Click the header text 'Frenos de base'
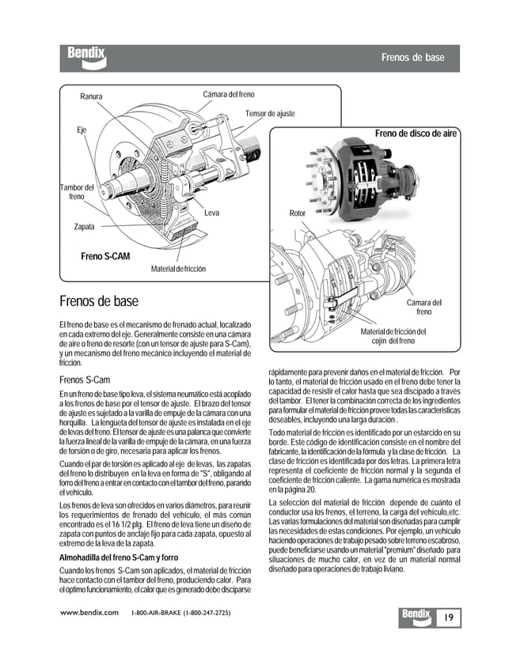click(x=412, y=58)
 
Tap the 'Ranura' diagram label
click(x=91, y=97)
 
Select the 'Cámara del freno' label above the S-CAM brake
click(x=229, y=95)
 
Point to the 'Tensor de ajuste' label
click(x=270, y=114)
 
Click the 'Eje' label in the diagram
click(x=82, y=128)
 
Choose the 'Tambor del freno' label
click(x=77, y=191)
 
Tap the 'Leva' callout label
click(x=211, y=213)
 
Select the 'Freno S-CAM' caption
click(x=105, y=257)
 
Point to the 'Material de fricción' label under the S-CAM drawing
click(x=178, y=270)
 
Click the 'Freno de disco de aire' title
click(x=416, y=134)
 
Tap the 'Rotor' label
click(x=297, y=213)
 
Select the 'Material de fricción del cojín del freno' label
click(x=393, y=336)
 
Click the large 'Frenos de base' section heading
click(x=99, y=301)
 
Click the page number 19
click(x=448, y=617)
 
